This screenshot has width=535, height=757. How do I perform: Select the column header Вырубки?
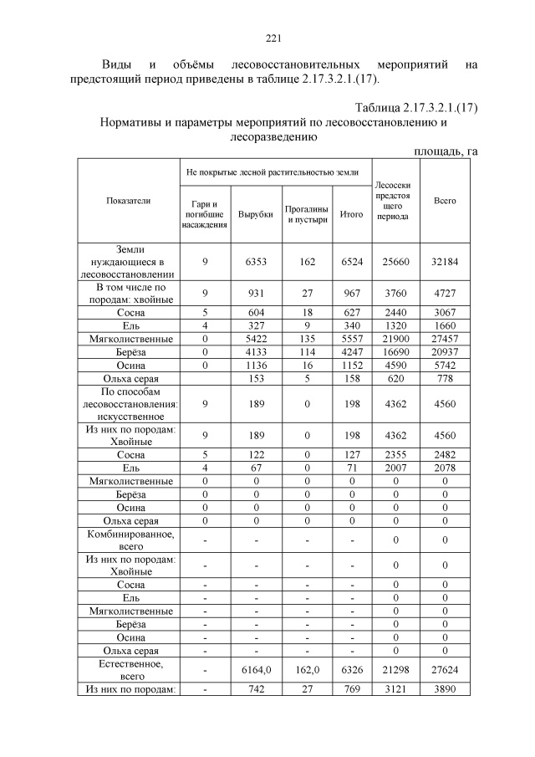[256, 215]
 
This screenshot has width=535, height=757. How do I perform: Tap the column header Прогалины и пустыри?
[307, 215]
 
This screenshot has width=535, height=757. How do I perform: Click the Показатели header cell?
[128, 202]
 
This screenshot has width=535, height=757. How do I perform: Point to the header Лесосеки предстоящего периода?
[393, 201]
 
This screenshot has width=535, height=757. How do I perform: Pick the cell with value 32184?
[445, 262]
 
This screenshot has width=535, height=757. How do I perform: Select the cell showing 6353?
[256, 262]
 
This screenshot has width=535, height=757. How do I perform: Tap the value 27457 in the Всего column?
[445, 339]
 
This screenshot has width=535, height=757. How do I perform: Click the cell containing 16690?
[393, 352]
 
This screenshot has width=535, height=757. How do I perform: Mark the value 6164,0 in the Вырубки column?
[256, 670]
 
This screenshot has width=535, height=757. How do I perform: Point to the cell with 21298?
[393, 670]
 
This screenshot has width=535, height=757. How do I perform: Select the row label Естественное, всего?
[128, 670]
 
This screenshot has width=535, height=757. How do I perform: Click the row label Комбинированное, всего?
[128, 540]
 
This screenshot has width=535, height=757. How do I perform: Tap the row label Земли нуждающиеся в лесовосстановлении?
[128, 262]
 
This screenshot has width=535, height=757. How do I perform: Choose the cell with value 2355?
[393, 454]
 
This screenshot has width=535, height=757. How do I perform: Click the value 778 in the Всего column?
[445, 379]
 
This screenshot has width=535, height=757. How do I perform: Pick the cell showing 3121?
[393, 689]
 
